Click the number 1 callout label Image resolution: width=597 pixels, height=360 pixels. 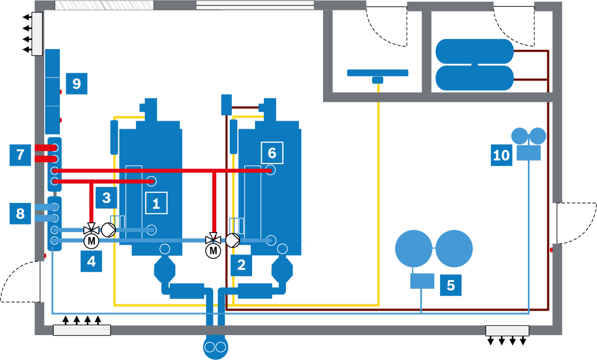(x=156, y=203)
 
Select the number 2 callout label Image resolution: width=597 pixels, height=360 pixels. (x=241, y=265)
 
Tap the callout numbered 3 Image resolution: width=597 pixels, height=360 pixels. (x=106, y=198)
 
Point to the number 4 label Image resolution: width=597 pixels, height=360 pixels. (x=91, y=261)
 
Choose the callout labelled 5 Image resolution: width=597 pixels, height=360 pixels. (x=451, y=285)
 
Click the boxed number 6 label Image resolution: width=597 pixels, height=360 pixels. (x=272, y=153)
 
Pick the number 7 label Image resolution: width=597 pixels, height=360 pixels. (x=20, y=155)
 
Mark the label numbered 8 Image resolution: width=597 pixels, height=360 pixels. (x=20, y=213)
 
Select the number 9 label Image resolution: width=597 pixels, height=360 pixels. (x=76, y=83)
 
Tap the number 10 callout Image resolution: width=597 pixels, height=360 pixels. (x=502, y=155)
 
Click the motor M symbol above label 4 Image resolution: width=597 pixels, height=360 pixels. (x=91, y=241)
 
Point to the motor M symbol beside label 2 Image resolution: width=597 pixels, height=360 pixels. (x=213, y=251)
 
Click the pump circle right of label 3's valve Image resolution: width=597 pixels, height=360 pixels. (x=108, y=230)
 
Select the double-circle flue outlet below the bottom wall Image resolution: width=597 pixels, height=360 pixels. (x=215, y=347)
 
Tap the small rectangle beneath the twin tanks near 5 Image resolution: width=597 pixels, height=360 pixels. (x=422, y=281)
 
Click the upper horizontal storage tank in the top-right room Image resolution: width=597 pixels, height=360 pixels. (x=475, y=51)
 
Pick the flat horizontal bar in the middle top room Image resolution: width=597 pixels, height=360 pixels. (x=378, y=73)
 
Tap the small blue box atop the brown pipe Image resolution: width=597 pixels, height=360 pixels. (x=226, y=105)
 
